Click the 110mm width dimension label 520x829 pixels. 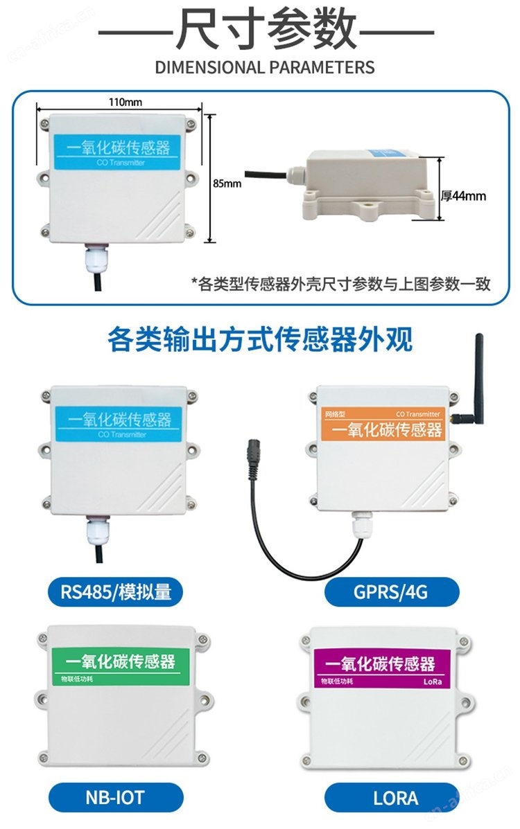125,102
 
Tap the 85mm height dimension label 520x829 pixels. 227,184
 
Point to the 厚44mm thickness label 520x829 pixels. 463,195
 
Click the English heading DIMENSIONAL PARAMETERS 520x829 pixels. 265,67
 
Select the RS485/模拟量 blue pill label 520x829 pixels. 115,591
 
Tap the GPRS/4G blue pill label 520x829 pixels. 391,591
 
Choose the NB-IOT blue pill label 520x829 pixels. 115,797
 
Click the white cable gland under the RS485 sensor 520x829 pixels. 98,531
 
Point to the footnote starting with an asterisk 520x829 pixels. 340,284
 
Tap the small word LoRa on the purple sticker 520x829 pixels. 433,681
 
